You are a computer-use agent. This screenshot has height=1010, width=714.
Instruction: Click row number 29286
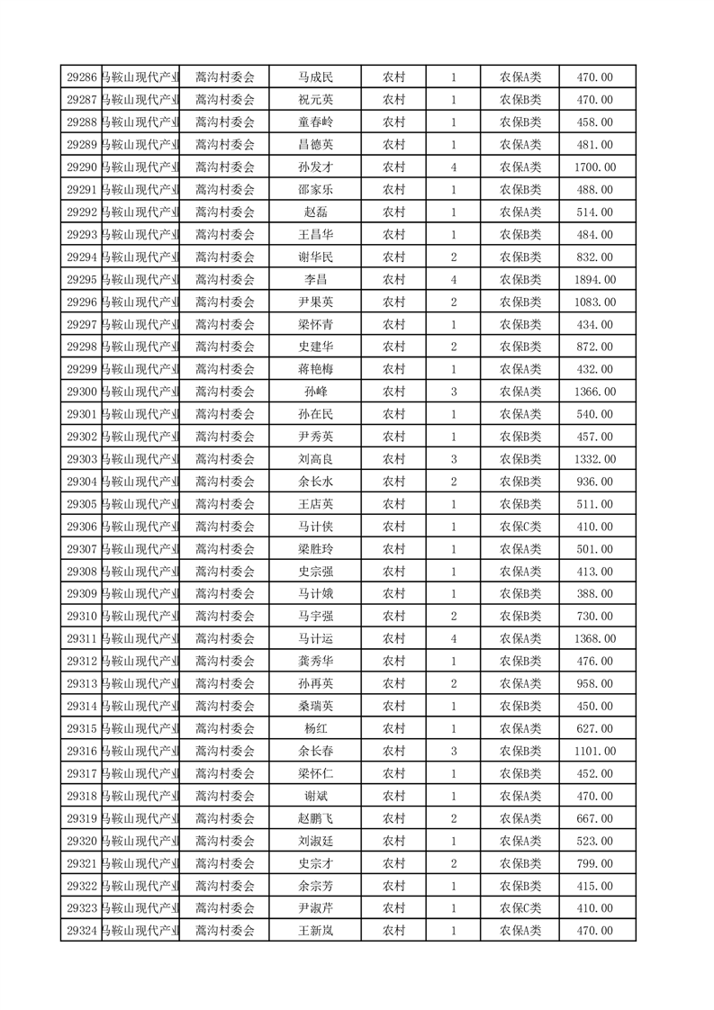point(82,77)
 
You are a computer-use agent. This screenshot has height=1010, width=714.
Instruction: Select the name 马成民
point(315,77)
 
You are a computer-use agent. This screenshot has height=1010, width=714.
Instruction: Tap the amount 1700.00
point(594,167)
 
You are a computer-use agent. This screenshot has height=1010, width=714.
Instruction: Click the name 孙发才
point(315,167)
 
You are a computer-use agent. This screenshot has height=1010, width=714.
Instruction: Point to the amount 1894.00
point(594,280)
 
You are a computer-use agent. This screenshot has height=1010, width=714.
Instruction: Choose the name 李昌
point(315,280)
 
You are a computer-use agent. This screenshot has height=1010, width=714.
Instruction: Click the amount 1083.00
point(594,302)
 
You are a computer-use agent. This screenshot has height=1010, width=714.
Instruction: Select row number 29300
point(82,392)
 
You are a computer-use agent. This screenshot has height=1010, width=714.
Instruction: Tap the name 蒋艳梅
point(315,369)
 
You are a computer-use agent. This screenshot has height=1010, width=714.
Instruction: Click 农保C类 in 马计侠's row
point(520,527)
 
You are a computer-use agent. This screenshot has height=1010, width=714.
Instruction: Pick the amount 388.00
point(594,594)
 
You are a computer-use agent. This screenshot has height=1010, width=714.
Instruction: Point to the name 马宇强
point(315,617)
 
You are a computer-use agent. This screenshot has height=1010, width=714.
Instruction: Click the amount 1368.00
point(594,639)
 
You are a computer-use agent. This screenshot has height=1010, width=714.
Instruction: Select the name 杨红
point(315,729)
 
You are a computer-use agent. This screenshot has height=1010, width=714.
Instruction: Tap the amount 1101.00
point(594,752)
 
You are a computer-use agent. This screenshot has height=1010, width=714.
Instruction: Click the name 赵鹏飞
point(315,818)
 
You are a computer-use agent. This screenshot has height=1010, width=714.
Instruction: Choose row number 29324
point(82,931)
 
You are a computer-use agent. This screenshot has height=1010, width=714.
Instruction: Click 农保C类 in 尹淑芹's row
point(520,908)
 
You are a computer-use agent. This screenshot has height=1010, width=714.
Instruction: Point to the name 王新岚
point(315,931)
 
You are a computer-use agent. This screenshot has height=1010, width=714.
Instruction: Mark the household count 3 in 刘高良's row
point(453,459)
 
